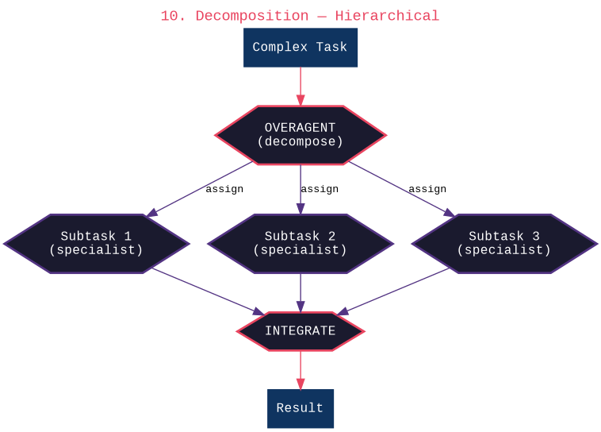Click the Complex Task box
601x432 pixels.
click(300, 48)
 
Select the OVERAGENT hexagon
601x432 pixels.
click(300, 135)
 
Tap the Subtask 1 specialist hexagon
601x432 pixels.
click(96, 244)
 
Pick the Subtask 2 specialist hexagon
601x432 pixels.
click(300, 244)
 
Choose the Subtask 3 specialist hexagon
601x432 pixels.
click(504, 244)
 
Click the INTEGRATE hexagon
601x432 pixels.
click(300, 331)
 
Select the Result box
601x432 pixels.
click(300, 409)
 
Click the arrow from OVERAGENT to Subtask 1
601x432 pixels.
click(200, 190)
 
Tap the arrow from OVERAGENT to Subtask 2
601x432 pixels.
click(300, 189)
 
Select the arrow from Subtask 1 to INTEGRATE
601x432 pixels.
click(208, 291)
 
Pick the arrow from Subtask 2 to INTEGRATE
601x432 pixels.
click(300, 292)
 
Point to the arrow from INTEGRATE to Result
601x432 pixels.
click(300, 369)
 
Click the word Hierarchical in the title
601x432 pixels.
click(387, 16)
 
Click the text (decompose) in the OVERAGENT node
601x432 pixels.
click(300, 142)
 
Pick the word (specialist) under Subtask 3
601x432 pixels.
click(504, 250)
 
